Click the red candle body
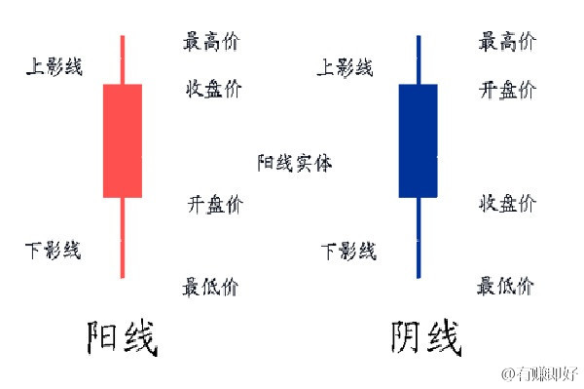(x=122, y=140)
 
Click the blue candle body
(x=418, y=140)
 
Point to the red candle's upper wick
(x=123, y=58)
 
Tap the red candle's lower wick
(x=123, y=238)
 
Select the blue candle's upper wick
(x=419, y=58)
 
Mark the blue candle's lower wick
(x=419, y=238)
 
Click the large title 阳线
(x=122, y=338)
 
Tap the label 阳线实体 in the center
(x=294, y=163)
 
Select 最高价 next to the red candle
(x=210, y=41)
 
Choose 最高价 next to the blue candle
(x=506, y=41)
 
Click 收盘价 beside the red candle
(x=213, y=90)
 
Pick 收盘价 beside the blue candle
(x=506, y=203)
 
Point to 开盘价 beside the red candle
(x=214, y=204)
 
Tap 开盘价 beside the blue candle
(x=506, y=90)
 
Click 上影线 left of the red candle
(x=55, y=66)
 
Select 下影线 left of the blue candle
(x=348, y=252)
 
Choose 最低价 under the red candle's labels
(x=209, y=287)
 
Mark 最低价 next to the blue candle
(x=505, y=286)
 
